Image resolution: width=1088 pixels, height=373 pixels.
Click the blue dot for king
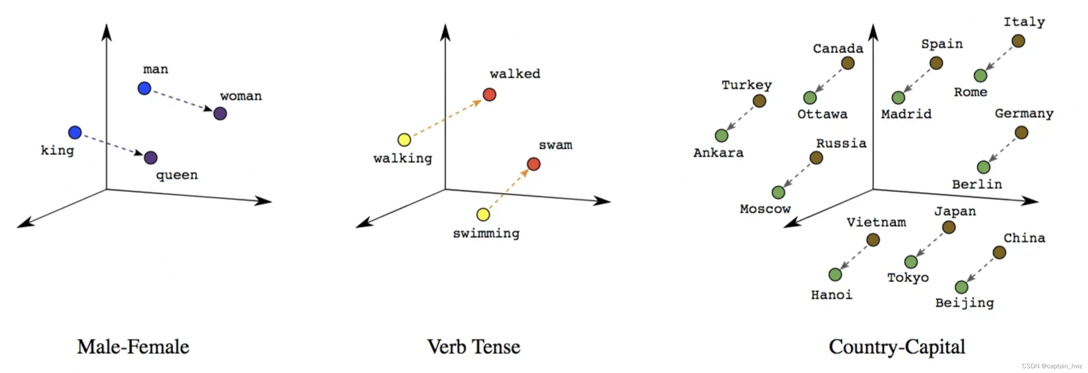point(75,132)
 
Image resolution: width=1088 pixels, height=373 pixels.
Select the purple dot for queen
point(151,158)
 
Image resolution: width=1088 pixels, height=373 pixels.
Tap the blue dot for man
point(145,88)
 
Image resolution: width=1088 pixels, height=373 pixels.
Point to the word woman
point(241,96)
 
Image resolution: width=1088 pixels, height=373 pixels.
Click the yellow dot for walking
point(404,140)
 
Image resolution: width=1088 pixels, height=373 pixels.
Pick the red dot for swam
point(534,164)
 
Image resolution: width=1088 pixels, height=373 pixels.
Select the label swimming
point(486,233)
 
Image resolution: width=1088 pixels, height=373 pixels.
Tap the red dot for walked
point(490,94)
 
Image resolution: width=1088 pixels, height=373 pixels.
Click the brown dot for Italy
point(1018,41)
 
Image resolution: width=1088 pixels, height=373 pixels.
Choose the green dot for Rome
point(980,75)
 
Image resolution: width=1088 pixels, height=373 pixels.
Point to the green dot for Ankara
point(722,135)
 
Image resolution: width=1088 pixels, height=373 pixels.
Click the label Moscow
point(765,209)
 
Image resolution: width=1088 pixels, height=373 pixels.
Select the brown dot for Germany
point(1021,133)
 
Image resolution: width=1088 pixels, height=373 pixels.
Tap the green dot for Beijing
point(961,287)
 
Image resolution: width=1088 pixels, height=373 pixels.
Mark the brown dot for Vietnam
point(873,240)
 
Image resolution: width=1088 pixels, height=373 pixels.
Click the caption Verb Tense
point(474,347)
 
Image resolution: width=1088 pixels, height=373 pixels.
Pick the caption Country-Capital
point(897,347)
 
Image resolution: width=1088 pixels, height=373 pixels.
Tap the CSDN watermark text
point(1052,366)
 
